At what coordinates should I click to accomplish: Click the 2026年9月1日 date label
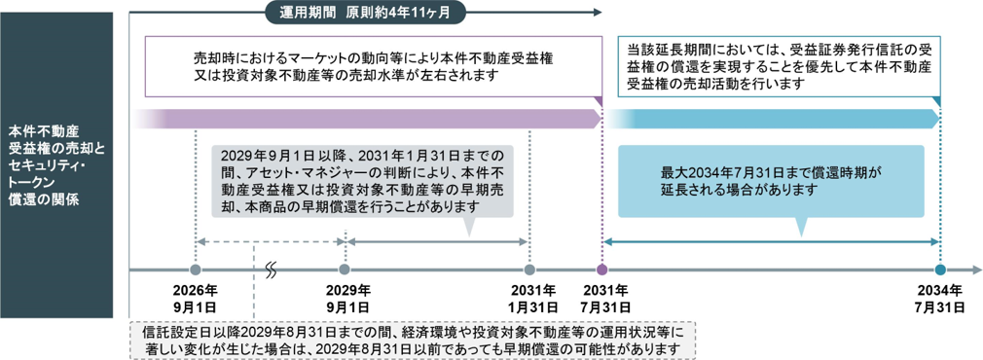[196, 299]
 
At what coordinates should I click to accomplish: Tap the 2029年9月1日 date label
[345, 299]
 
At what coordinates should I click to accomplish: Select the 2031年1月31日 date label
[529, 299]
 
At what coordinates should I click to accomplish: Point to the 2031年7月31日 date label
[601, 299]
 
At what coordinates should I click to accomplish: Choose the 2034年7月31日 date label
[940, 299]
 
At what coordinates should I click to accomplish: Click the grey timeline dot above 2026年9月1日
[196, 270]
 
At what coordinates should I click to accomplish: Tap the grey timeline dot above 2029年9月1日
[345, 270]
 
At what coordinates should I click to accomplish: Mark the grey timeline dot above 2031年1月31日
[529, 270]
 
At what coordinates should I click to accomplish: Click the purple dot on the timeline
[601, 270]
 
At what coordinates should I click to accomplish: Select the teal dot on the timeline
[940, 270]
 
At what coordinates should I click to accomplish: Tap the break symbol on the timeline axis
[271, 270]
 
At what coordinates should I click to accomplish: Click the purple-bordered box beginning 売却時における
[373, 66]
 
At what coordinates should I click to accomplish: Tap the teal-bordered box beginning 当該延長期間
[780, 66]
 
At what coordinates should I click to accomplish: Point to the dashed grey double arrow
[271, 241]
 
